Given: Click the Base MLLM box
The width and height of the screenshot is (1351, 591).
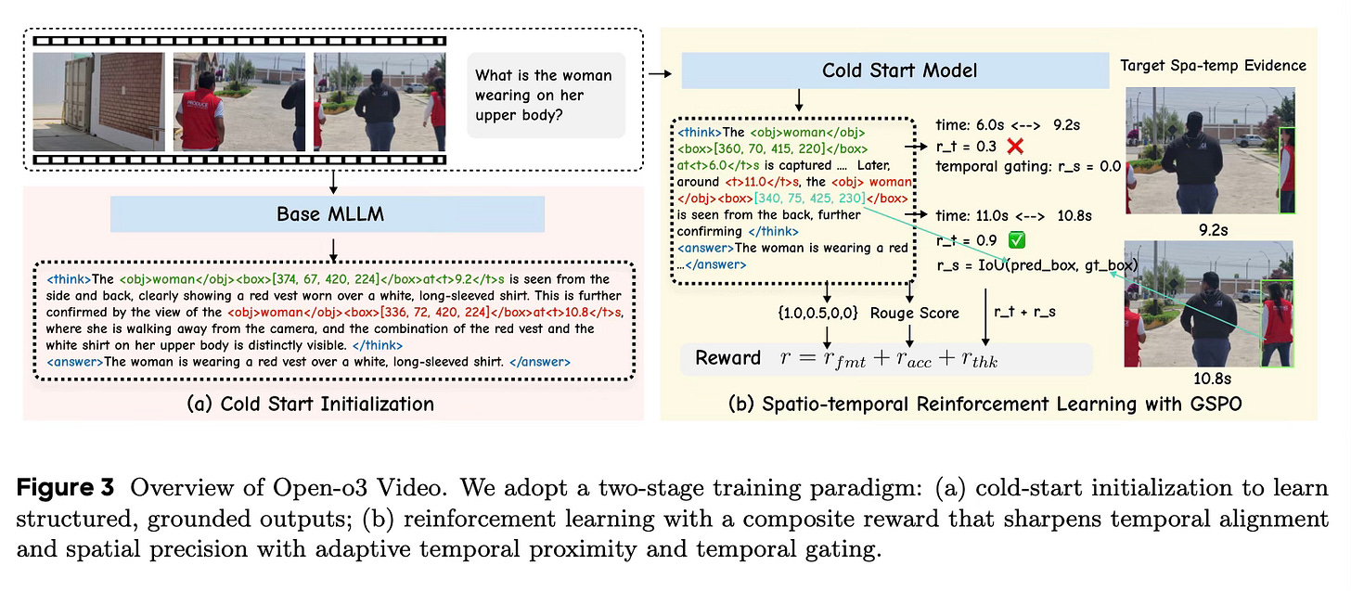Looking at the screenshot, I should (x=327, y=215).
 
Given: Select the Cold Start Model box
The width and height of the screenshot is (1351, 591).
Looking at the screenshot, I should (x=894, y=71).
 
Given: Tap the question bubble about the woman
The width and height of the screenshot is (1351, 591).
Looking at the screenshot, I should (x=544, y=96).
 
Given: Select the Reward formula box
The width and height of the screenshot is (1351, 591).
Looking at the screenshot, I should (x=886, y=358).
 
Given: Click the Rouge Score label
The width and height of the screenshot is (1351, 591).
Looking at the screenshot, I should (x=914, y=313).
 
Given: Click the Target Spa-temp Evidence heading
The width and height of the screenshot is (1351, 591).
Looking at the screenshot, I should (x=1213, y=65).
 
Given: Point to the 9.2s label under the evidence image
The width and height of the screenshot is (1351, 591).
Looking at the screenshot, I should (x=1209, y=223).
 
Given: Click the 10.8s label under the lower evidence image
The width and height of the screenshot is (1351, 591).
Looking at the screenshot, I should (x=1209, y=379).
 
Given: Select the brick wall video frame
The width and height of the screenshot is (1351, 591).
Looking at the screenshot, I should (x=97, y=101).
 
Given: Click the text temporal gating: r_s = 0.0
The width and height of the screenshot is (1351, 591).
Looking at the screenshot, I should (x=1028, y=167).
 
